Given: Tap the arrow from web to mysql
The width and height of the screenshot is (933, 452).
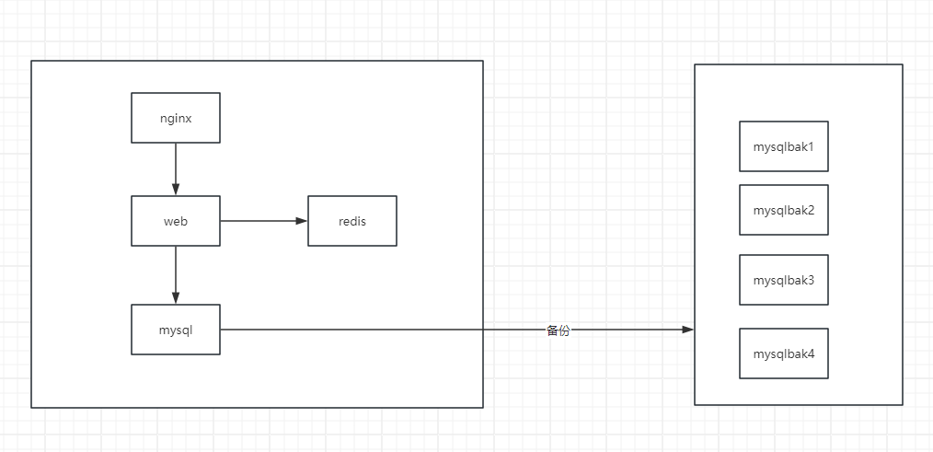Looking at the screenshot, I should tap(176, 272).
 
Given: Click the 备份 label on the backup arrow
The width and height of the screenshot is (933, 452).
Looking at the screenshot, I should tap(558, 330).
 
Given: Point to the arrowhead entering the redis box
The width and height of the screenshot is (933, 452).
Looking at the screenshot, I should tap(301, 221).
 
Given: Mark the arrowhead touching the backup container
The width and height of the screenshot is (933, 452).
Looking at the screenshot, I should tap(687, 329).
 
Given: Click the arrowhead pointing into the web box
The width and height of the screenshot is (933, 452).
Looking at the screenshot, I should tap(176, 190).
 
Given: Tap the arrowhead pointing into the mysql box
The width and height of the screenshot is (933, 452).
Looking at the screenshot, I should tap(176, 297).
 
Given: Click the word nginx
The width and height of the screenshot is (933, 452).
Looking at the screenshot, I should tap(175, 118).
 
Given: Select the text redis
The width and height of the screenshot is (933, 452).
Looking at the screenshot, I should tap(351, 221).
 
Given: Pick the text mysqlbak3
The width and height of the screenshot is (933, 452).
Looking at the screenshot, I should tap(783, 280).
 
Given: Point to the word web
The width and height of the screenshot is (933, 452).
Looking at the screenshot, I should tap(175, 221).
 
